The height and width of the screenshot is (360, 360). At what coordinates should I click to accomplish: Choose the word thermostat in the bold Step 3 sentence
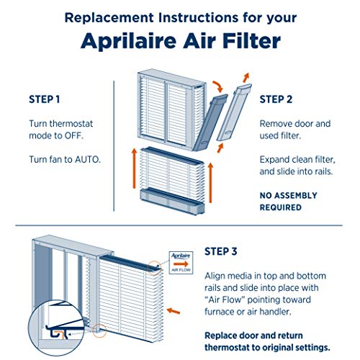pyautogui.click(x=234, y=326)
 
